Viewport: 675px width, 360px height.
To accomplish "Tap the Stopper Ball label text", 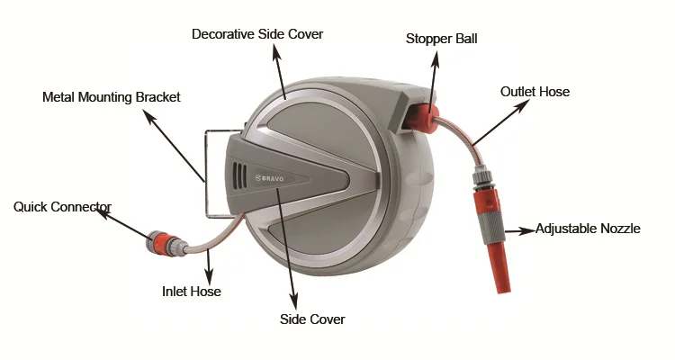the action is pyautogui.click(x=441, y=39).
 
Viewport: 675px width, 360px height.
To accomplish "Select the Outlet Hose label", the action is pyautogui.click(x=535, y=92).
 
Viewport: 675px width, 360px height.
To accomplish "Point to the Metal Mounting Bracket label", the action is pyautogui.click(x=112, y=96).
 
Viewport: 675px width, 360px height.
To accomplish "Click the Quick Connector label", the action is pyautogui.click(x=61, y=207).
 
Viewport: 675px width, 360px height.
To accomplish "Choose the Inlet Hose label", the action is pyautogui.click(x=191, y=291).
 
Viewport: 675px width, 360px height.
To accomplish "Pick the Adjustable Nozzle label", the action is pyautogui.click(x=588, y=229).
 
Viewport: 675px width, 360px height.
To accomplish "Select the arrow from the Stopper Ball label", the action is pyautogui.click(x=435, y=76).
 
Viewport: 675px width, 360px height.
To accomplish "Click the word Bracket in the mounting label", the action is pyautogui.click(x=157, y=96).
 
